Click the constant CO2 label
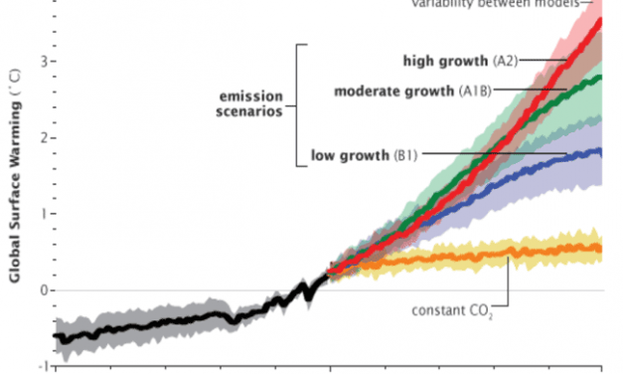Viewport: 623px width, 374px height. (x=450, y=309)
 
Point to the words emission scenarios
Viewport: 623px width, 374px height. (x=251, y=104)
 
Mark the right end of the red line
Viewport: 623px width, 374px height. (x=600, y=20)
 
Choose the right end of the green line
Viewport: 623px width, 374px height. (x=600, y=78)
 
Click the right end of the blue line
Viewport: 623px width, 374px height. (x=600, y=152)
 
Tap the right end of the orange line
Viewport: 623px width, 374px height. (x=600, y=249)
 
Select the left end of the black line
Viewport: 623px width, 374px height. (x=55, y=336)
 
